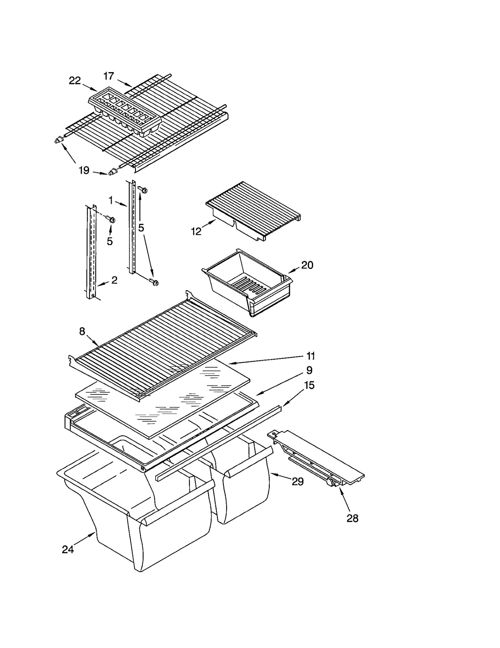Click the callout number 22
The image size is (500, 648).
coord(75,81)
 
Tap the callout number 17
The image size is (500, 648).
coord(108,76)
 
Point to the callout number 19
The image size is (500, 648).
coord(84,171)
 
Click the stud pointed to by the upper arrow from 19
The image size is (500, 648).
coord(58,141)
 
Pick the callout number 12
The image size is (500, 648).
coord(196,232)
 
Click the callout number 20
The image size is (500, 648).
coord(307,265)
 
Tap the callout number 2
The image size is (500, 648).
coord(114,280)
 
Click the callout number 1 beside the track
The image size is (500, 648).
coord(111,200)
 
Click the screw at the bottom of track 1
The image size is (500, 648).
coord(154,282)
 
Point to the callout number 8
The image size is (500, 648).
coord(82,332)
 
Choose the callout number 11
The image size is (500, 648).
coord(311,356)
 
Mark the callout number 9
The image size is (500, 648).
coord(309,370)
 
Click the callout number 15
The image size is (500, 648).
coord(309,385)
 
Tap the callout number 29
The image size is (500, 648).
coord(297,482)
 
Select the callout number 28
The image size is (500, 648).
coord(352,518)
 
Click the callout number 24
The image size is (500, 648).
coord(68,550)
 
